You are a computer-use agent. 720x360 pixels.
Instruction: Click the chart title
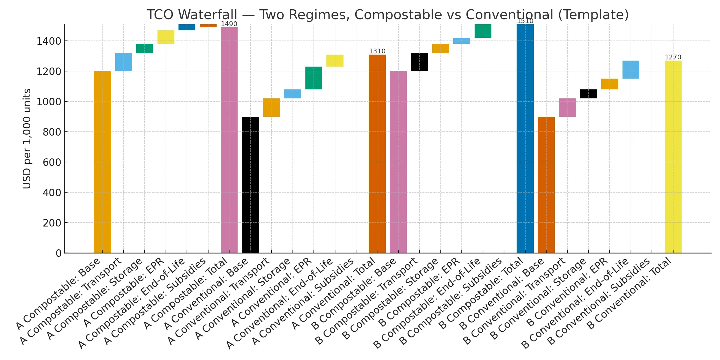pyautogui.click(x=388, y=15)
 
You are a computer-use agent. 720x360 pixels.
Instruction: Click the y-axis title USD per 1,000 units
pyautogui.click(x=27, y=139)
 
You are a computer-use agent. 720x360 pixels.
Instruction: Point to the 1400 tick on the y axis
pyautogui.click(x=49, y=41)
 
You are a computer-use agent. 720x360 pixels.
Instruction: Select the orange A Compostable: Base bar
pyautogui.click(x=102, y=162)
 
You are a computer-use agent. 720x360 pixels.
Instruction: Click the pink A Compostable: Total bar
pyautogui.click(x=229, y=140)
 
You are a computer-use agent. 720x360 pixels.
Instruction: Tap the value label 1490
pyautogui.click(x=229, y=24)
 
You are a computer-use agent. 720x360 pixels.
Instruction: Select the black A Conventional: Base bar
pyautogui.click(x=250, y=185)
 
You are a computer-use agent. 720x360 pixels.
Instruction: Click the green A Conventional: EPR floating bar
pyautogui.click(x=314, y=78)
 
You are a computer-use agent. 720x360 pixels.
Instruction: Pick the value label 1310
pyautogui.click(x=377, y=51)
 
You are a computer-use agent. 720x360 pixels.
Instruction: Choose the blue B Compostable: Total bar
pyautogui.click(x=525, y=139)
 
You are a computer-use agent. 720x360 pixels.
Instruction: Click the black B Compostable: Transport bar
pyautogui.click(x=419, y=62)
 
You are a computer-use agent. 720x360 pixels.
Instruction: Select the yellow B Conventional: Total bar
pyautogui.click(x=673, y=157)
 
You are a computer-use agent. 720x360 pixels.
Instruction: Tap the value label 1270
pyautogui.click(x=673, y=57)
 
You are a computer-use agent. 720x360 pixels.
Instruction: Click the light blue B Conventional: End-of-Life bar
pyautogui.click(x=631, y=70)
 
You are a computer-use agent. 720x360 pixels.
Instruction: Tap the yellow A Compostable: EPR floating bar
pyautogui.click(x=166, y=37)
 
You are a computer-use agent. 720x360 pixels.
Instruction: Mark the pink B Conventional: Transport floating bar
pyautogui.click(x=567, y=107)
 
